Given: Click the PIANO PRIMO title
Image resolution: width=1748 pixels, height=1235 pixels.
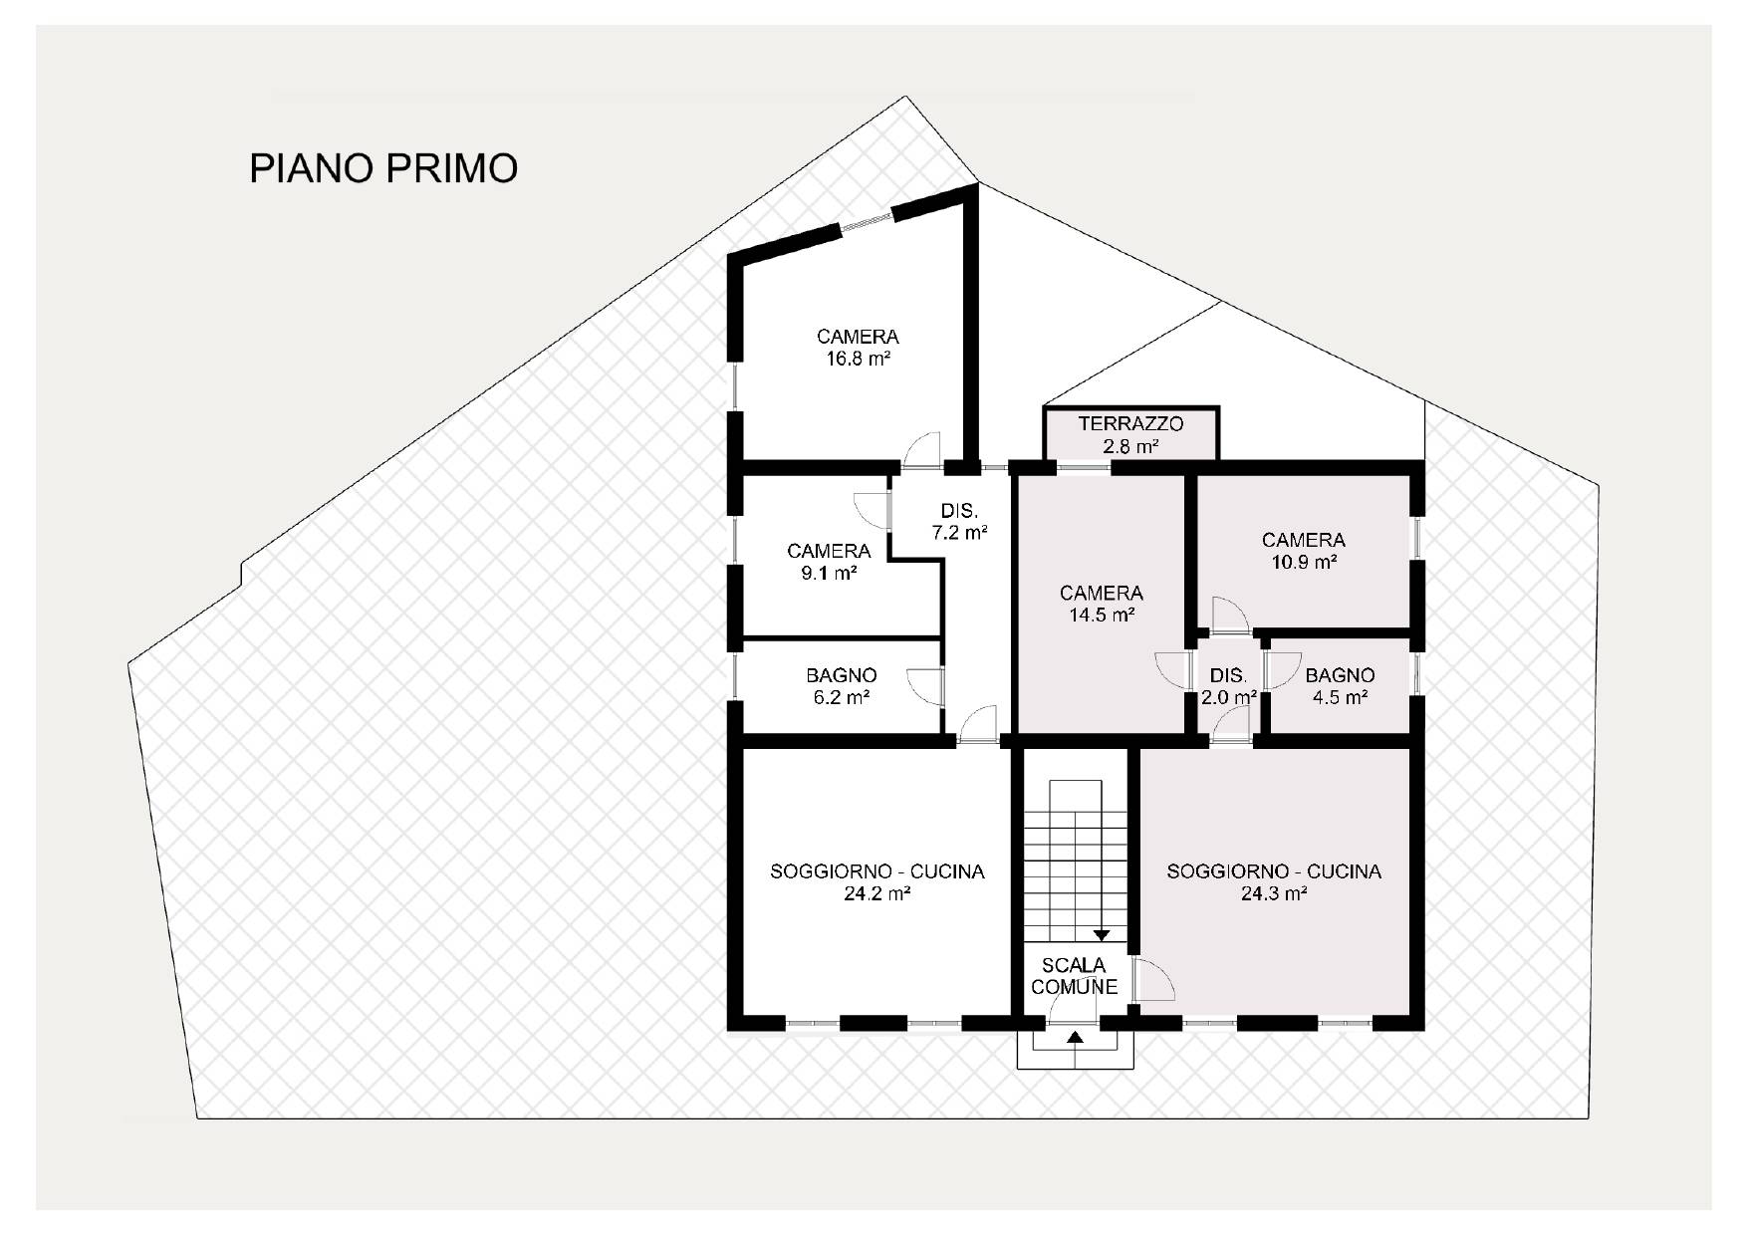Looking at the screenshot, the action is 383,168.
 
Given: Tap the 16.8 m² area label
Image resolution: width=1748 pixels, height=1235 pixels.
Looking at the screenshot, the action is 858,360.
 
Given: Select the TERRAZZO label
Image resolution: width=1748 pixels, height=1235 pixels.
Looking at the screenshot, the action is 1130,425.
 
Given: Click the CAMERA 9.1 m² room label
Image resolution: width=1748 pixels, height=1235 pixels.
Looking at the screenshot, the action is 829,562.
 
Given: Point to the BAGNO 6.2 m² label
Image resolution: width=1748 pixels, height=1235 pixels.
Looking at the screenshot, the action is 842,686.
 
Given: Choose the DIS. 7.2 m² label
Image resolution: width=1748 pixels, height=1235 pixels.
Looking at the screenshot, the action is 959,522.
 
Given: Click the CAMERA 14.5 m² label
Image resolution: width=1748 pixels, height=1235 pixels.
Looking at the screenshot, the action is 1102,604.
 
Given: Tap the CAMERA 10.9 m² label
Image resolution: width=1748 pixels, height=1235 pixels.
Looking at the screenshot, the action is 1304,550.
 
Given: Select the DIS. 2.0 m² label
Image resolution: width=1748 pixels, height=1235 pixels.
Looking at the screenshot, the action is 1228,686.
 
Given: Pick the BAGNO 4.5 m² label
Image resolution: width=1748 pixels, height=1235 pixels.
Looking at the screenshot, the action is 1340,686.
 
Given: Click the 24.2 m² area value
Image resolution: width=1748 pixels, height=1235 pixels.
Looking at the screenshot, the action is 877,894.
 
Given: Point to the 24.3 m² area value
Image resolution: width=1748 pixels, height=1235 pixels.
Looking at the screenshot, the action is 1274,894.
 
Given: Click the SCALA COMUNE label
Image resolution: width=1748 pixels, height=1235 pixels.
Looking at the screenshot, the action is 1074,976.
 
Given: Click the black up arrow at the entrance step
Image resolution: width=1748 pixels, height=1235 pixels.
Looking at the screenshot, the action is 1075,1038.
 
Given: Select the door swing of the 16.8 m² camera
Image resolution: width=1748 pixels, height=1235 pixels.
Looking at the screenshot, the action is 921,448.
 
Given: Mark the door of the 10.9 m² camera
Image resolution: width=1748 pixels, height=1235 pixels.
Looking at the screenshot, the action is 1230,614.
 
